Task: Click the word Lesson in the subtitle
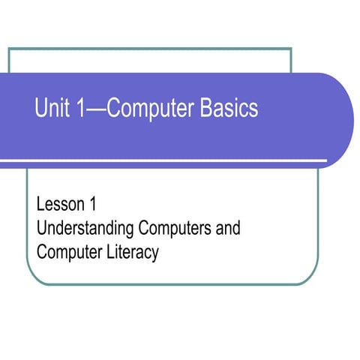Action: pos(57,203)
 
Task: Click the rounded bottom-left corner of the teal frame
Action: pos(33,279)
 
